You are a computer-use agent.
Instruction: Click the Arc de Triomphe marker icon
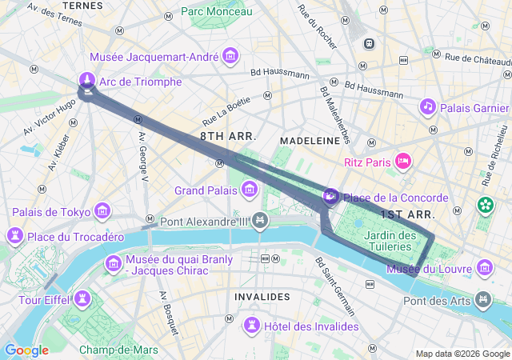point(87,80)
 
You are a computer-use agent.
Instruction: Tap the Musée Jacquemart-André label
point(156,58)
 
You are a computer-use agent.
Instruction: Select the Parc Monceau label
point(216,11)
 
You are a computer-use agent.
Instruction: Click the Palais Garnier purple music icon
point(428,106)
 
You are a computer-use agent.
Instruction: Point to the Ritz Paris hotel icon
point(404,162)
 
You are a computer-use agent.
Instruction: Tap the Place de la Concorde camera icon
point(330,196)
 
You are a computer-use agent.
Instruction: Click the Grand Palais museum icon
point(250,190)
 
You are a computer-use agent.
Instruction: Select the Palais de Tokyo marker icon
point(102,211)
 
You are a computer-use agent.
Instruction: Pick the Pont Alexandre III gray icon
point(259,220)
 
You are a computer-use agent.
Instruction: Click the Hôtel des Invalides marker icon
point(253,326)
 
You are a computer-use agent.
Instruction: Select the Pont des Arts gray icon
point(483,299)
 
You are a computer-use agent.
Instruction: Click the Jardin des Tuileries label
point(390,241)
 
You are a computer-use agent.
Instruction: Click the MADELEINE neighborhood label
point(309,140)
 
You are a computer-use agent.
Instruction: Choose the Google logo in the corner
point(26,350)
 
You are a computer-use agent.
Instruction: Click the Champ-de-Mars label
point(118,350)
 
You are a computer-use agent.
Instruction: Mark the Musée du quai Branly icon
point(113,263)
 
